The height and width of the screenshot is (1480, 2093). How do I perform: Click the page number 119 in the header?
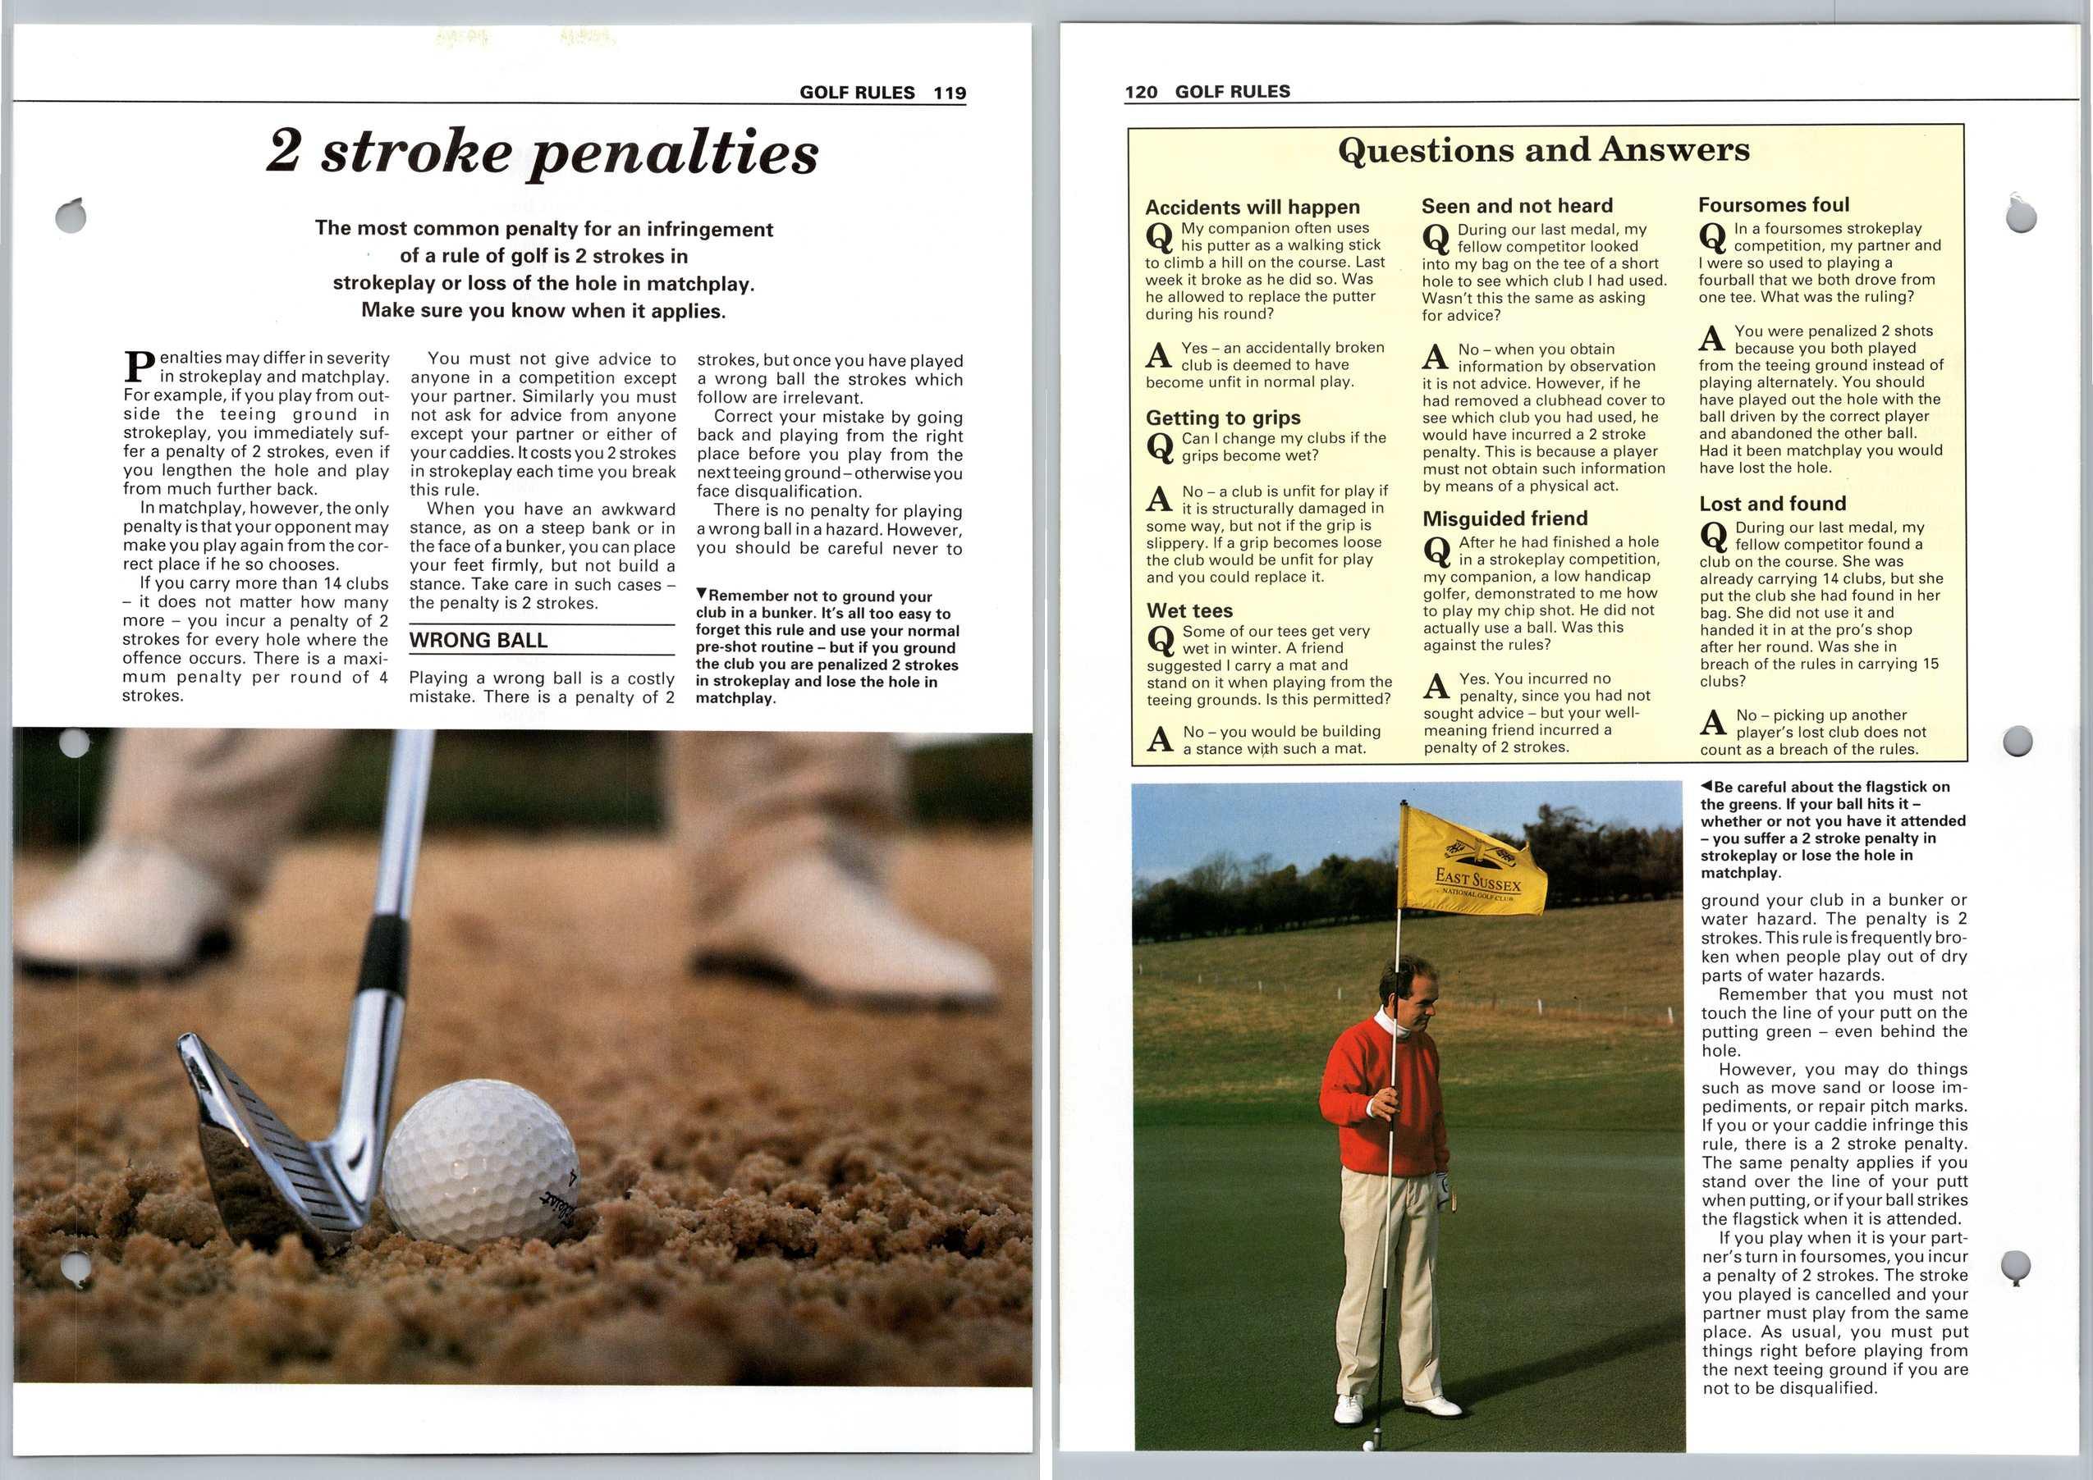click(x=949, y=92)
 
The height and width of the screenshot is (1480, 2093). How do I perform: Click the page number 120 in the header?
click(x=1140, y=91)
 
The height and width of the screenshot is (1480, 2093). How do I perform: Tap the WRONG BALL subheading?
click(x=478, y=641)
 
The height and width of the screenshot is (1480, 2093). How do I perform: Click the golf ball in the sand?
click(x=478, y=1162)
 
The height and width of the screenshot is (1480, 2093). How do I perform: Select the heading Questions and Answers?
click(x=1543, y=149)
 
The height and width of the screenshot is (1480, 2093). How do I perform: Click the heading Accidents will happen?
click(x=1252, y=207)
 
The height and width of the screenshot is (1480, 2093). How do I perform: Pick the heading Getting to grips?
click(x=1222, y=418)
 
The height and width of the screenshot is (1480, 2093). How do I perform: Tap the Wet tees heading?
click(x=1188, y=610)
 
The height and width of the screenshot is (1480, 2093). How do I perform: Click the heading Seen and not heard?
click(x=1517, y=206)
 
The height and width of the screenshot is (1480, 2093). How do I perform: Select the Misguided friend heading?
click(x=1504, y=518)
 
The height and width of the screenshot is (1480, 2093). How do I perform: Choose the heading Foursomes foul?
click(x=1773, y=205)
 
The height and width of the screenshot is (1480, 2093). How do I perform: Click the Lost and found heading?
click(x=1772, y=504)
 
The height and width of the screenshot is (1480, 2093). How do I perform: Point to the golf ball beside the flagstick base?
click(x=1367, y=1446)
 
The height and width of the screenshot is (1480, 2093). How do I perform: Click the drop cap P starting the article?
click(x=138, y=367)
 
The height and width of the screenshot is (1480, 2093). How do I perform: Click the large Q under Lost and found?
click(x=1713, y=537)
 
